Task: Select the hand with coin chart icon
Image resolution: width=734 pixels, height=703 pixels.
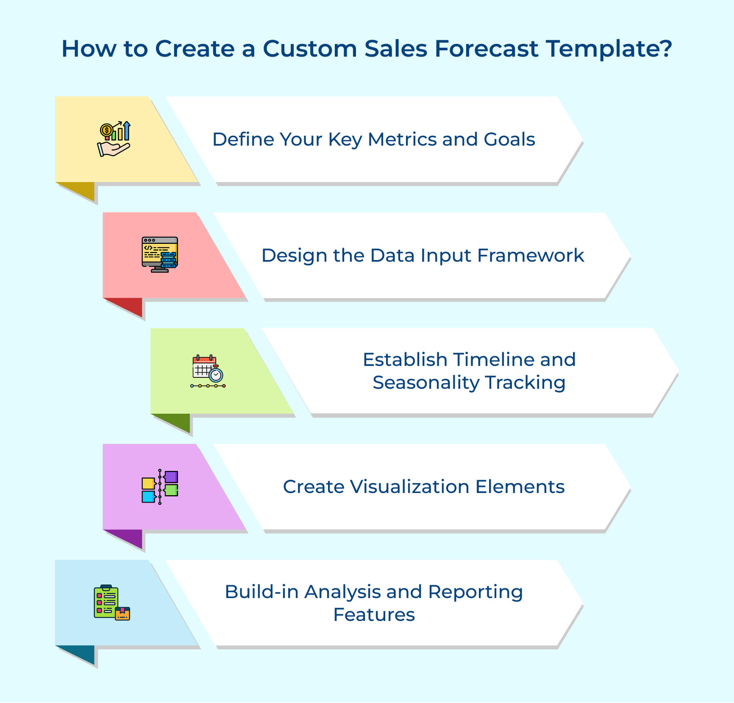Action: tap(114, 139)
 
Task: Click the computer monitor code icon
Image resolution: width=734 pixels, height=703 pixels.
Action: tap(160, 255)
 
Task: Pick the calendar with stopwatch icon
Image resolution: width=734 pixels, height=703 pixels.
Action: tap(208, 371)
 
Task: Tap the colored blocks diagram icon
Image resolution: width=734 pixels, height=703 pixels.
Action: tap(160, 487)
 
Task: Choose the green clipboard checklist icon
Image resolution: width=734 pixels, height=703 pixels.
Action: tap(112, 603)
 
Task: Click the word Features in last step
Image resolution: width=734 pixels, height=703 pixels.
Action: tap(374, 614)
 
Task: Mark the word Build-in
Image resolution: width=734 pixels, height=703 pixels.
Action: tap(261, 592)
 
